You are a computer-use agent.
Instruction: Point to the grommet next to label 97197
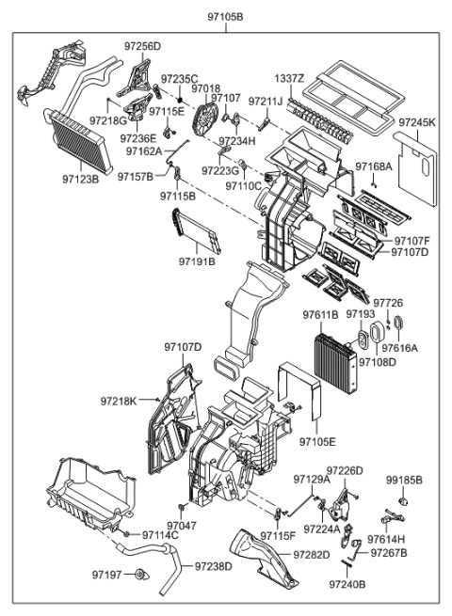click(140, 574)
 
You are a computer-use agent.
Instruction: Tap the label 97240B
click(347, 583)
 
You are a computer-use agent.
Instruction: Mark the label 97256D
click(142, 46)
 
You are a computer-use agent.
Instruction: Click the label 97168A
click(374, 166)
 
